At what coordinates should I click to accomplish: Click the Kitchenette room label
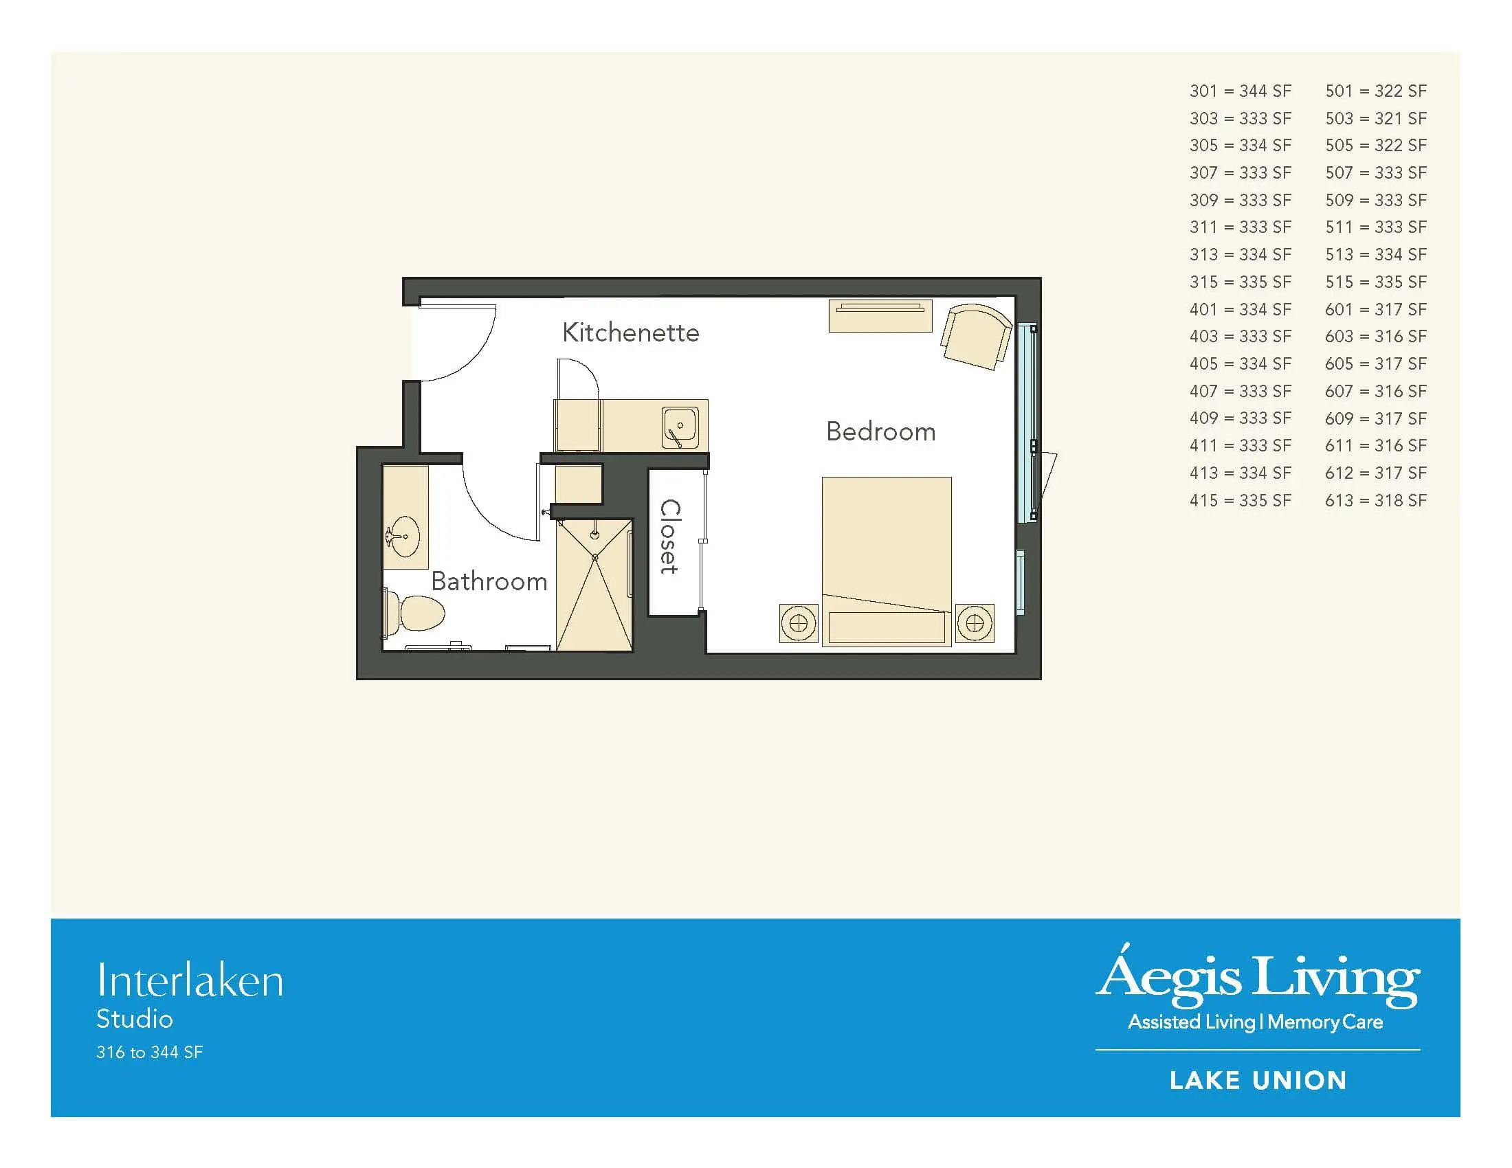click(631, 333)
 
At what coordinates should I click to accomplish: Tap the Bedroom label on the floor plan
click(880, 431)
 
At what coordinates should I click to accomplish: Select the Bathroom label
click(489, 581)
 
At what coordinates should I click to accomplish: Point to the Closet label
click(669, 537)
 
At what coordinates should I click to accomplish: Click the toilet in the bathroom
click(414, 612)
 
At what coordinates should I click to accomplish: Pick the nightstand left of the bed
click(798, 622)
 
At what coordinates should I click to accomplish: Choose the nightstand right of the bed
click(975, 622)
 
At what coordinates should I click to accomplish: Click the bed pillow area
click(886, 627)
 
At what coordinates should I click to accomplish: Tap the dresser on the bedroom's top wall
click(880, 315)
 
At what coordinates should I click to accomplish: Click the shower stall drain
click(594, 557)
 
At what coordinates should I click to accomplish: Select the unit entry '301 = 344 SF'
click(1240, 91)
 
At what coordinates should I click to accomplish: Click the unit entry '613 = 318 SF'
click(1376, 500)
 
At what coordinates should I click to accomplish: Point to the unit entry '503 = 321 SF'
click(1376, 118)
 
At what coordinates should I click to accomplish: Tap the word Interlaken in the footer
click(190, 980)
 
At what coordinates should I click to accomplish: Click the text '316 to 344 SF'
click(150, 1053)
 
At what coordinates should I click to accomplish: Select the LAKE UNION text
click(1258, 1080)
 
